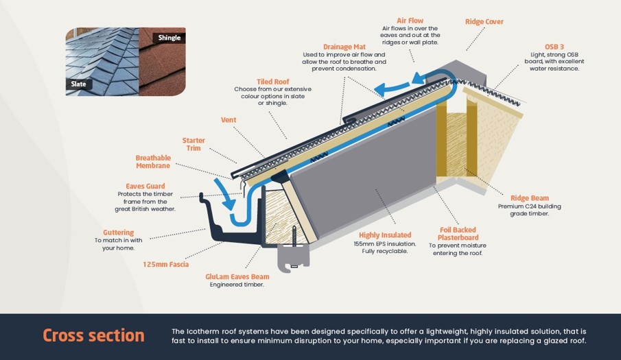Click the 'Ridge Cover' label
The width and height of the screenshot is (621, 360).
(484, 22)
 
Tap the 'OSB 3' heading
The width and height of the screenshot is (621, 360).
(554, 47)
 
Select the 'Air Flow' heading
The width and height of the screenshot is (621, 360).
(410, 21)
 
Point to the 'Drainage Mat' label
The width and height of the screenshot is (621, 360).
(344, 47)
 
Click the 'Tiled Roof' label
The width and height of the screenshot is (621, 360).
(273, 81)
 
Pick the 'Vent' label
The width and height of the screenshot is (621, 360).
(229, 120)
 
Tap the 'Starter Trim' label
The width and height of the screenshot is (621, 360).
(194, 144)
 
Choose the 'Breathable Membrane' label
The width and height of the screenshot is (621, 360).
(153, 163)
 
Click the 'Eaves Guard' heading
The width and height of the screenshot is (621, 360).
(145, 186)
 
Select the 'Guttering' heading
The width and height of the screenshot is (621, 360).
(118, 232)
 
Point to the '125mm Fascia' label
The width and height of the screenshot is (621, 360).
(165, 264)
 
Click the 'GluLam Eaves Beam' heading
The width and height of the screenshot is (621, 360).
(237, 277)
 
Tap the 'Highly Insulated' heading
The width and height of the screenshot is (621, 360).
(385, 235)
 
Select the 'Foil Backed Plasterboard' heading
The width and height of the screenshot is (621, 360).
(457, 234)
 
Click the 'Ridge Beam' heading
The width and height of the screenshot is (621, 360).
(529, 198)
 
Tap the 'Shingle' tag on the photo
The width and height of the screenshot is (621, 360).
(169, 38)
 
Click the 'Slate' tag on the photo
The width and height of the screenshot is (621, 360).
(78, 84)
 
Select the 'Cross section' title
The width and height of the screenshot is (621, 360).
(93, 335)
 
